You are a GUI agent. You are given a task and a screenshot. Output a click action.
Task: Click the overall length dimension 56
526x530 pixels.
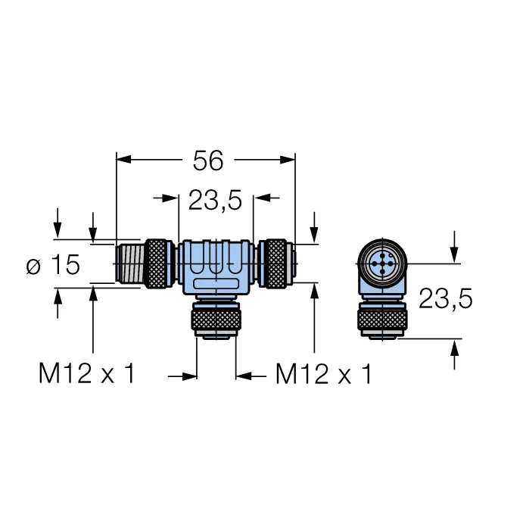click(x=208, y=161)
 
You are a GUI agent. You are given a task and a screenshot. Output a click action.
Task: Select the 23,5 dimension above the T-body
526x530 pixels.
click(x=215, y=200)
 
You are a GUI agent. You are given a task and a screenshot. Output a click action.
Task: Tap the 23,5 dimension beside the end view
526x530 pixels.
click(x=445, y=298)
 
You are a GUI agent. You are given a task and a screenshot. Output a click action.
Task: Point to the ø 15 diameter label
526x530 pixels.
click(x=53, y=264)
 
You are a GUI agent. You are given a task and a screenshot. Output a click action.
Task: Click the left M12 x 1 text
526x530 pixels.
click(x=87, y=373)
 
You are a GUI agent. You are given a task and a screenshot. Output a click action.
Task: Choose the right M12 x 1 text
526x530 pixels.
click(x=324, y=373)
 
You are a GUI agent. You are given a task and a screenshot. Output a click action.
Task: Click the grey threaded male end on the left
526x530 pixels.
click(x=129, y=263)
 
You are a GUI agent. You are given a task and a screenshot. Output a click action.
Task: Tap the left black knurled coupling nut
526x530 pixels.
click(x=156, y=263)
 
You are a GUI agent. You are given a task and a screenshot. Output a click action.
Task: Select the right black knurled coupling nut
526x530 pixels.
click(x=275, y=263)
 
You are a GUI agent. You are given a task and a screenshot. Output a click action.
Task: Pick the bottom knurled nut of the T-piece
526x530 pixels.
click(x=216, y=320)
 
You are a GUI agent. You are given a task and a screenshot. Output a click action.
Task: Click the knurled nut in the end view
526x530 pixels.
click(x=382, y=320)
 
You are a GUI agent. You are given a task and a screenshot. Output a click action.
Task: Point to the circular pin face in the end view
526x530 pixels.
click(x=382, y=263)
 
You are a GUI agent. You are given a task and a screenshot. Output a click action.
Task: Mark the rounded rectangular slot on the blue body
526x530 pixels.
click(x=216, y=284)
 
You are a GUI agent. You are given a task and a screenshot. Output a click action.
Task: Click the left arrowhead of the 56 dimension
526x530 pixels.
click(x=123, y=160)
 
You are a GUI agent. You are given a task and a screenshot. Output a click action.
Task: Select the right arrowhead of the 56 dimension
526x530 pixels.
click(x=288, y=160)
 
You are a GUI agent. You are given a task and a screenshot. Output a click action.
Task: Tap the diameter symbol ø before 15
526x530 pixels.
click(x=33, y=267)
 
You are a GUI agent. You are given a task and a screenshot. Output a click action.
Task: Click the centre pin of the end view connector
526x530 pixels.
click(x=382, y=263)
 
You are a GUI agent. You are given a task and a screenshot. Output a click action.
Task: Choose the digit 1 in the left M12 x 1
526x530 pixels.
click(x=71, y=373)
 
